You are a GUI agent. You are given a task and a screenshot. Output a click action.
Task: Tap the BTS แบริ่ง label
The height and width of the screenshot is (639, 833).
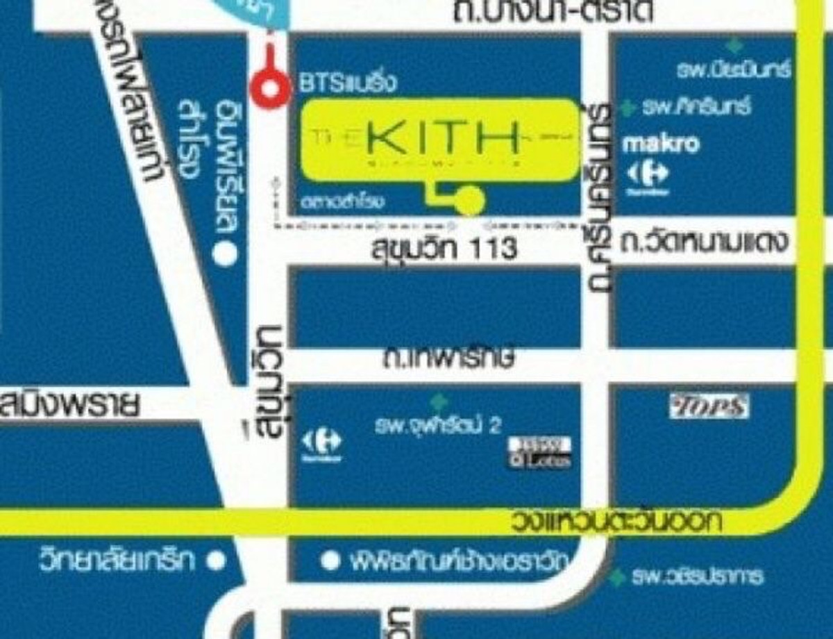(x=347, y=83)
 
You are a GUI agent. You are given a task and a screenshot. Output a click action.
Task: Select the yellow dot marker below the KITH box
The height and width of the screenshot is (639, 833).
(x=471, y=200)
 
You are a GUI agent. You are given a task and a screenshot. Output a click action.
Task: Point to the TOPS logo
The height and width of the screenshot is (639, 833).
(x=709, y=406)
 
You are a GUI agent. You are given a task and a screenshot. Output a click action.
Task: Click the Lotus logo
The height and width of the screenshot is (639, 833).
(x=539, y=452)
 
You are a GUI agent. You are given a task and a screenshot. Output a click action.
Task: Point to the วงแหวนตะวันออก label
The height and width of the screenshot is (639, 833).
(x=616, y=521)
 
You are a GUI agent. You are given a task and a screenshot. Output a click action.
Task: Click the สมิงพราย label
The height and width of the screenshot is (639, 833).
(x=69, y=406)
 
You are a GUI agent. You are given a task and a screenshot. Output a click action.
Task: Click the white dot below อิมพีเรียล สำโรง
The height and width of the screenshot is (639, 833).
(x=224, y=255)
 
